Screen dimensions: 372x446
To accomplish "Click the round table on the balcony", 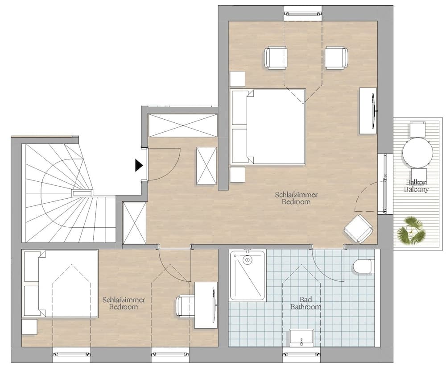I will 417,152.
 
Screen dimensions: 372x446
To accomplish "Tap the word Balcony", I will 416,189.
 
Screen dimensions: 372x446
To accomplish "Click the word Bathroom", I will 306,307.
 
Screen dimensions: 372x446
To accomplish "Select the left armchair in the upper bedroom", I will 276,58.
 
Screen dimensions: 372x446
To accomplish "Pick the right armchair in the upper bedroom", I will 336,58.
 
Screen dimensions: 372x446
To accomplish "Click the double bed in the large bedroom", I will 268,127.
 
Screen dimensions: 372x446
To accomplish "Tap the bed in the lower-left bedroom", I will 60,284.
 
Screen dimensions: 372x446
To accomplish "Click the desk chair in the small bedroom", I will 185,306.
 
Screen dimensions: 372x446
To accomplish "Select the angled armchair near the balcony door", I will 359,228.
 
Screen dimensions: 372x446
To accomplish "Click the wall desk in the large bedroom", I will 368,110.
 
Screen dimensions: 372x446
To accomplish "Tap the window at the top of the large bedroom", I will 302,12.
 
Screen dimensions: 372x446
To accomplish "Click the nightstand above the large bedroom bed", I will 237,79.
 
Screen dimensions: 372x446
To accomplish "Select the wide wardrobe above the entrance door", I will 182,125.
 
